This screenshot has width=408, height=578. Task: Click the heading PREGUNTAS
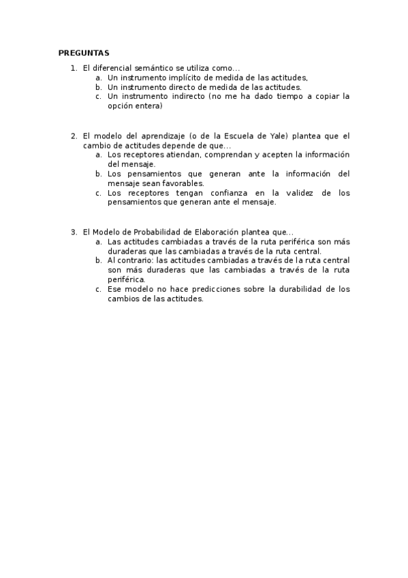pyautogui.click(x=84, y=52)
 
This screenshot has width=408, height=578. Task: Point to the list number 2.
pyautogui.click(x=74, y=136)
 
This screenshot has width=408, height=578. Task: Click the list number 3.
pyautogui.click(x=74, y=232)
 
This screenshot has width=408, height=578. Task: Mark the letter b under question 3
pyautogui.click(x=99, y=260)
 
